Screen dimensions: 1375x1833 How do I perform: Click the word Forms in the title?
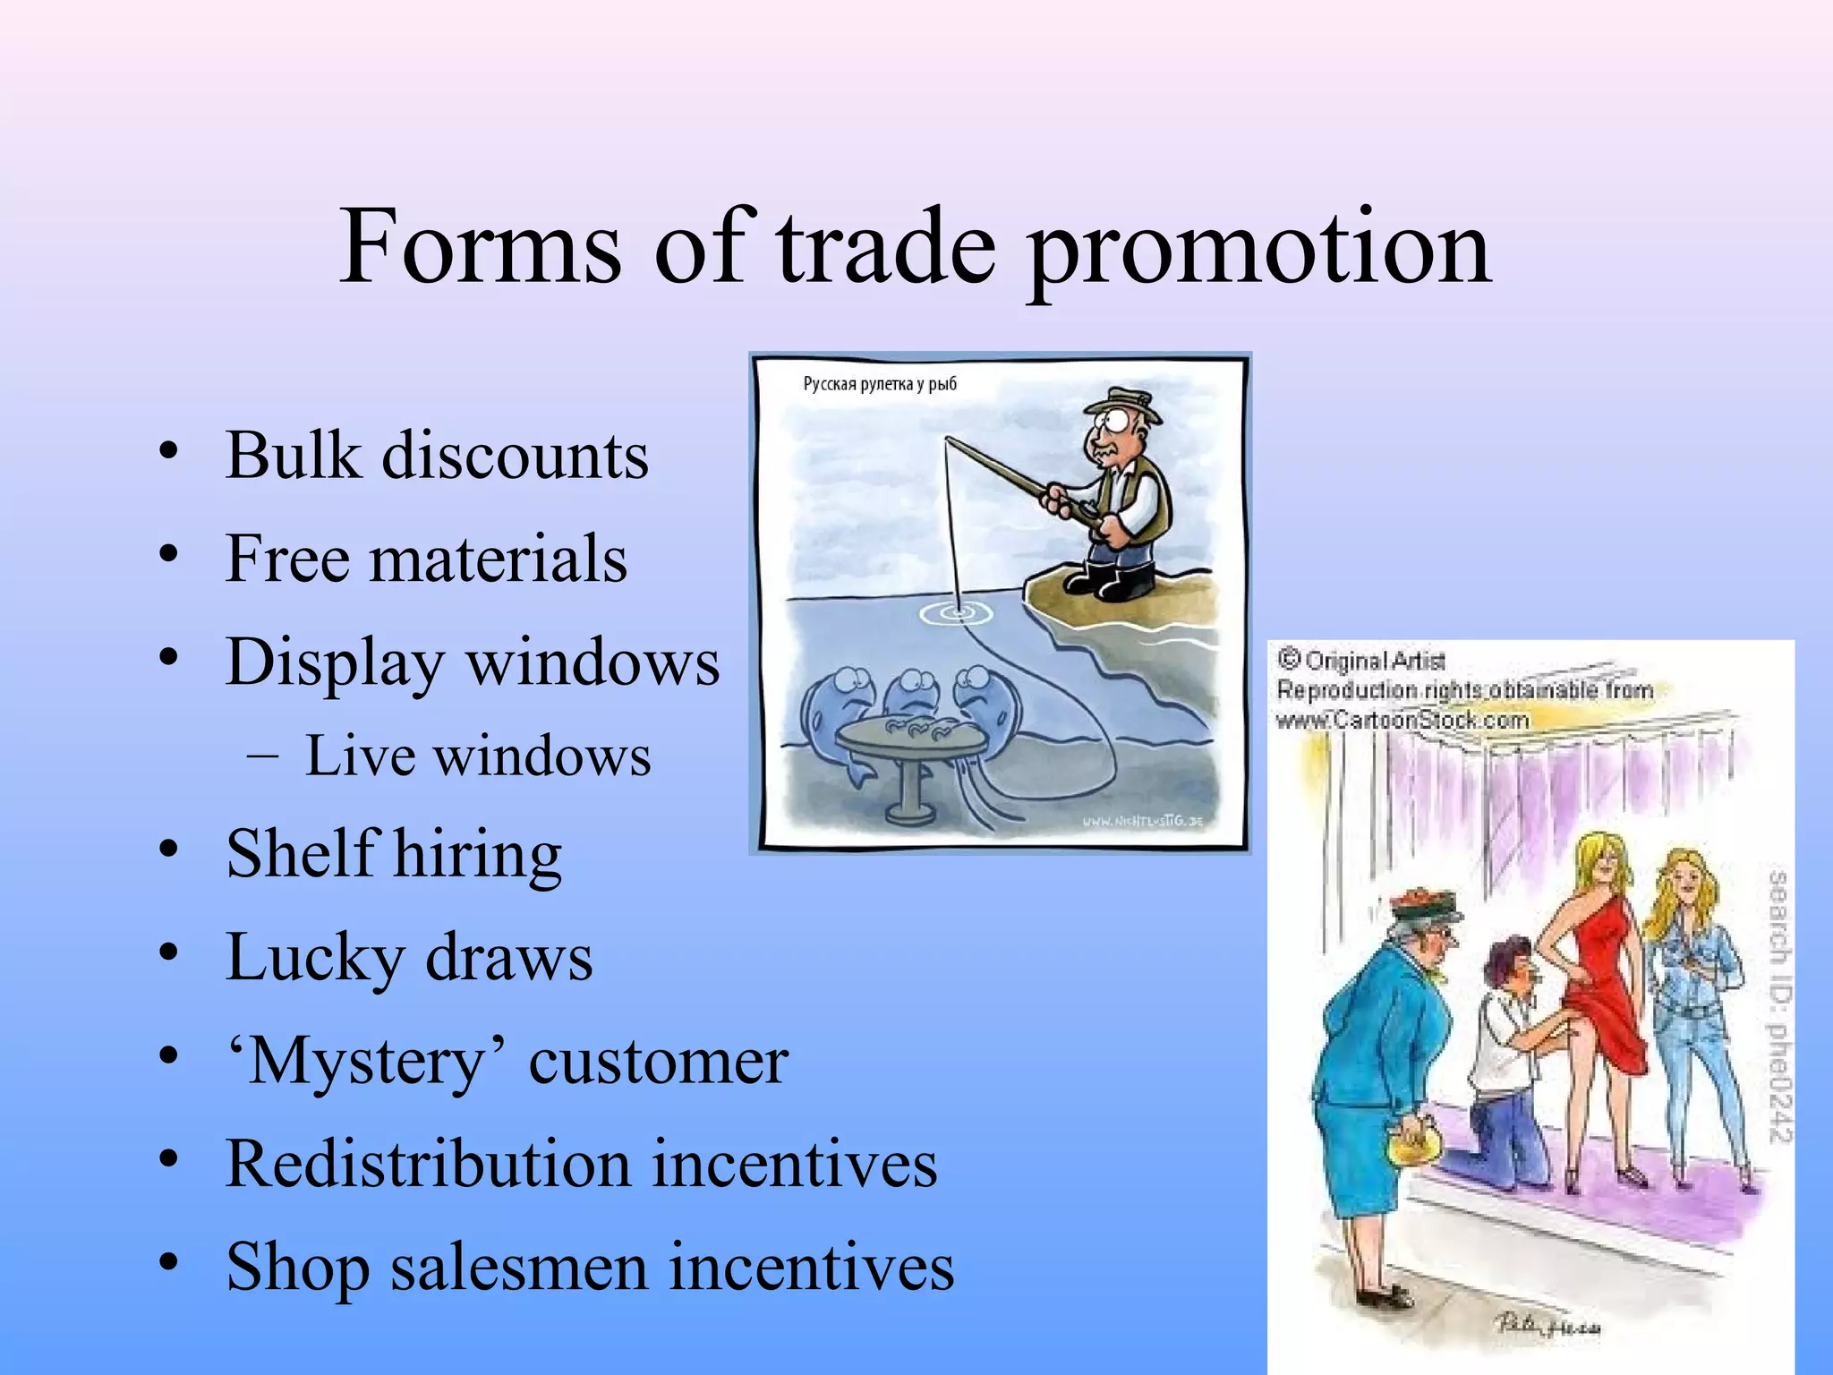[480, 246]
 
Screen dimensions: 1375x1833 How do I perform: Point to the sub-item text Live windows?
[477, 756]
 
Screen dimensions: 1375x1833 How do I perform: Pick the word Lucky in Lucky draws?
[313, 958]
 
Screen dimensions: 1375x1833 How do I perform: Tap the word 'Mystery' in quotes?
[367, 1062]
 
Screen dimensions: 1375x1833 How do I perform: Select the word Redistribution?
[428, 1164]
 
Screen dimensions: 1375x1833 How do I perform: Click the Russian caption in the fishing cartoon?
[879, 384]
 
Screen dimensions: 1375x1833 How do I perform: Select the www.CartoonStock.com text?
[1402, 720]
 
